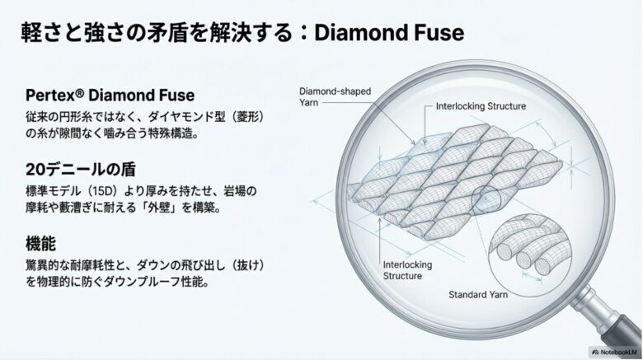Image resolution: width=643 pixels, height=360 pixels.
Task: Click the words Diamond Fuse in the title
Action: pyautogui.click(x=389, y=33)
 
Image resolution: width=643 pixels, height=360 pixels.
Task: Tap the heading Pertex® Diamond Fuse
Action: pyautogui.click(x=110, y=95)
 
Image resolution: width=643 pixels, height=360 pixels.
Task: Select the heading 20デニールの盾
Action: pyautogui.click(x=81, y=170)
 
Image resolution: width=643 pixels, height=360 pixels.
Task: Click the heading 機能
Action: pyautogui.click(x=40, y=244)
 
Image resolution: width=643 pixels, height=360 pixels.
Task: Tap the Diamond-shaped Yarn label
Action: pyautogui.click(x=335, y=96)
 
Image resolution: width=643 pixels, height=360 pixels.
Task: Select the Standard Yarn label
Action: pyautogui.click(x=478, y=294)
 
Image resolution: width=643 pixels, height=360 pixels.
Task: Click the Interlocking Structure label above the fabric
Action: pyautogui.click(x=481, y=106)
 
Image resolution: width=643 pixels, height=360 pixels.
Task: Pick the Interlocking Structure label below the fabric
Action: pyautogui.click(x=407, y=270)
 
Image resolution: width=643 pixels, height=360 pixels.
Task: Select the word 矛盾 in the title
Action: pyautogui.click(x=167, y=33)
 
